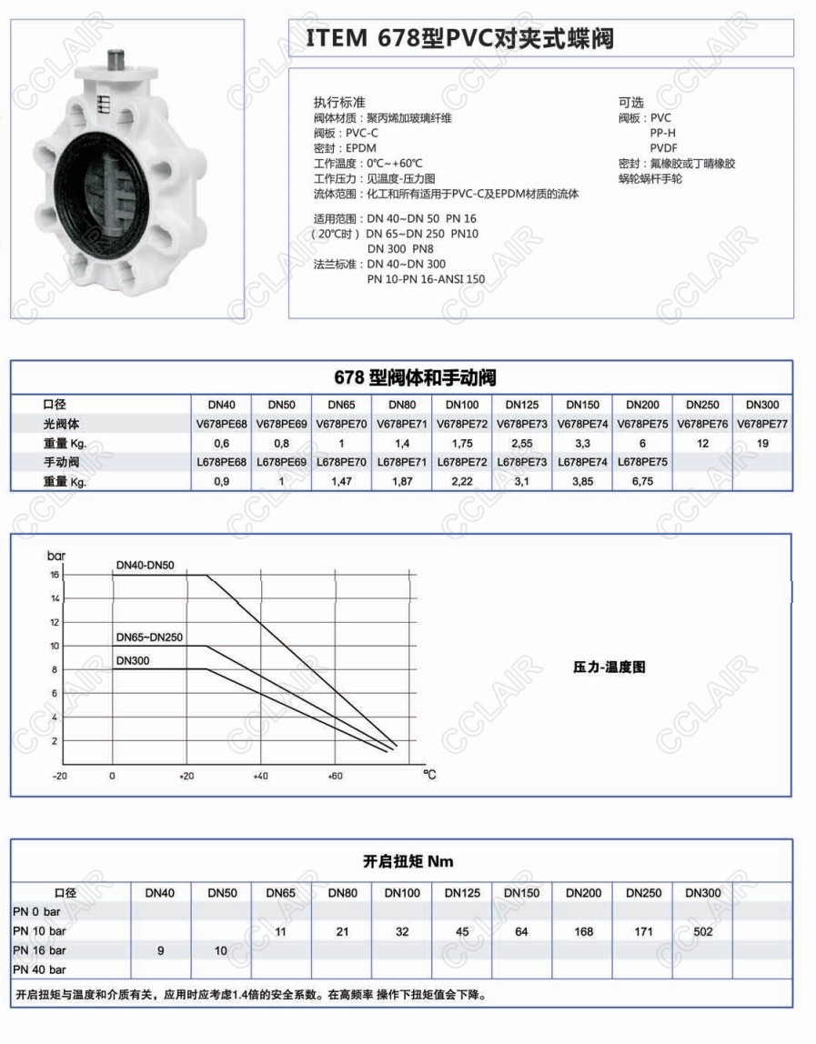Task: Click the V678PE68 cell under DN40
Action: (221, 423)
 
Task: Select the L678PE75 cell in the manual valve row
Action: (642, 462)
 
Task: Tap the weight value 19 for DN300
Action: (762, 443)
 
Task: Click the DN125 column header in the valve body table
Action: (522, 404)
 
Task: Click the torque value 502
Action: (701, 931)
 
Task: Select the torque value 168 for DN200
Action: (583, 931)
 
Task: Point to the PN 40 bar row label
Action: (40, 969)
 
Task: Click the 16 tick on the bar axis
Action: (55, 575)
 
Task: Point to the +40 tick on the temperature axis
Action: (260, 777)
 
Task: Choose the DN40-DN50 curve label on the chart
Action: (145, 565)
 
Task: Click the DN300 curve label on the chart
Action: (133, 659)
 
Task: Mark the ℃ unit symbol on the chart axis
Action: (429, 775)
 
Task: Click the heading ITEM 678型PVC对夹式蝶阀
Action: (460, 39)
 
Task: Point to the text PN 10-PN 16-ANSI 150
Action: (426, 279)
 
